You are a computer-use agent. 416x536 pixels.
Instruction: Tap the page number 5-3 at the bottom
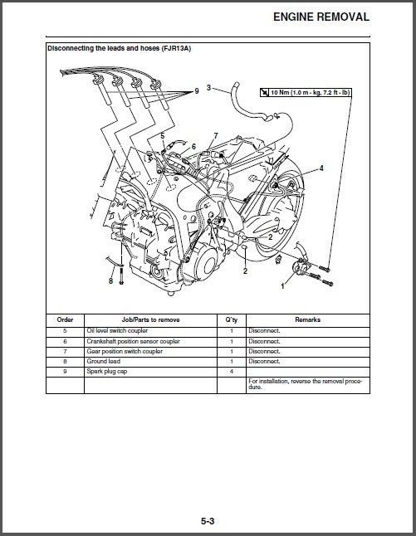pos(208,520)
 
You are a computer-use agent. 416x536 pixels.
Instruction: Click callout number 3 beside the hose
pos(208,86)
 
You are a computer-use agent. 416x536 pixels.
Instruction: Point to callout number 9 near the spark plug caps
pos(196,92)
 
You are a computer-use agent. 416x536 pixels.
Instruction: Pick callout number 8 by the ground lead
pos(110,281)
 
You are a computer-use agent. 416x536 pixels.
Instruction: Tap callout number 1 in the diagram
pos(282,285)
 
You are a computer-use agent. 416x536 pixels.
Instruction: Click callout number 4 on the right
pos(321,168)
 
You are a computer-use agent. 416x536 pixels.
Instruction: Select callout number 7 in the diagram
pos(215,135)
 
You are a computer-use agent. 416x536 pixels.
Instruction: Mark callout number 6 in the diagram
pos(193,146)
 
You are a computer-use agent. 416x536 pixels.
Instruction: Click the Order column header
pos(65,319)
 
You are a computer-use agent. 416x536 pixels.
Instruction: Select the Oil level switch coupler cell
pos(118,330)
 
